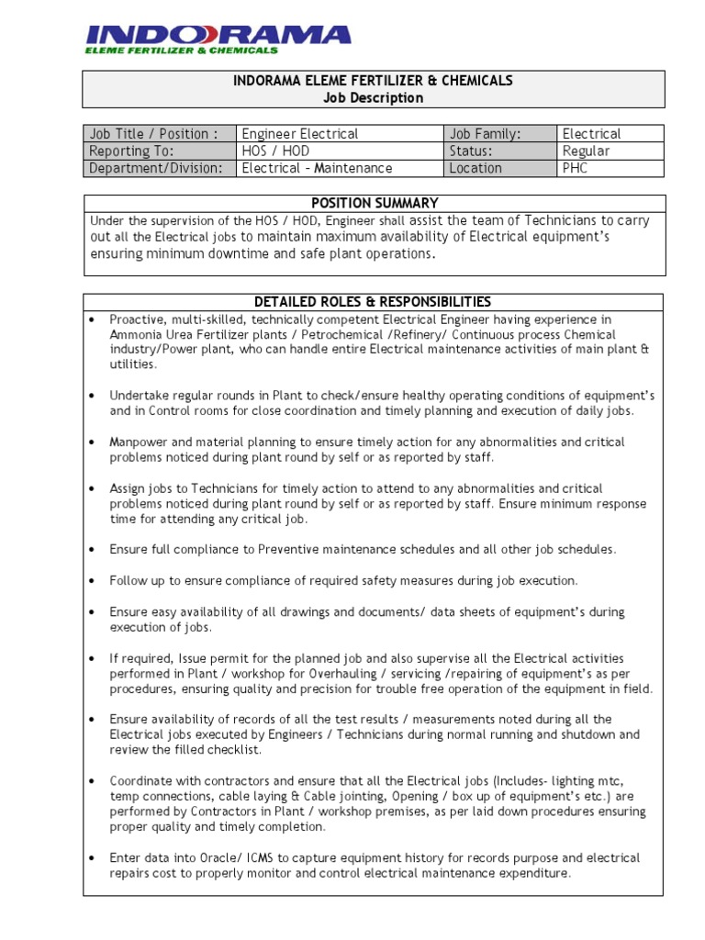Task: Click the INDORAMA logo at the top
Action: (218, 39)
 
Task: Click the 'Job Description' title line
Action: (373, 98)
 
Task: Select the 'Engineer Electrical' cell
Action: (299, 134)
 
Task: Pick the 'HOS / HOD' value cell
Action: (273, 151)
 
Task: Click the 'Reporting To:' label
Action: (131, 151)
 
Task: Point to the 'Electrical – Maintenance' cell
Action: (317, 168)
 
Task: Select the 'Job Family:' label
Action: (485, 134)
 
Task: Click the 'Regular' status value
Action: (586, 151)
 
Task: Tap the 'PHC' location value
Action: (576, 168)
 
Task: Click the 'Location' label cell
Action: (476, 168)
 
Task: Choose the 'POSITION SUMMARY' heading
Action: (374, 203)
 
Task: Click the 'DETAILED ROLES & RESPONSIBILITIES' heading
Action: (373, 302)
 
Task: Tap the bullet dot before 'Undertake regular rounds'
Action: (93, 396)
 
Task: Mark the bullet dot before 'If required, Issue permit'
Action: (93, 658)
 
